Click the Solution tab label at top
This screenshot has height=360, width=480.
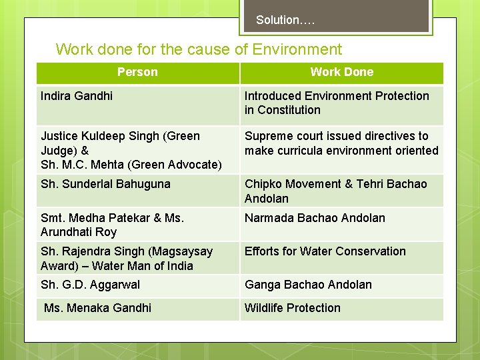click(x=285, y=20)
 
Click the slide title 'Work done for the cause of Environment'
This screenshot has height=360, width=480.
click(x=199, y=49)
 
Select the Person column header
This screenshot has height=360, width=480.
click(x=137, y=72)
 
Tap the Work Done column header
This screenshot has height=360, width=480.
click(x=341, y=72)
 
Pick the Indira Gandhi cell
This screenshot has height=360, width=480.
click(x=77, y=96)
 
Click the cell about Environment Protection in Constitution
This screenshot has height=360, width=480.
click(x=337, y=103)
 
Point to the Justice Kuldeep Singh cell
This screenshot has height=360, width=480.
click(x=120, y=136)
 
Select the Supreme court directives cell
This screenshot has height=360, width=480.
click(x=341, y=143)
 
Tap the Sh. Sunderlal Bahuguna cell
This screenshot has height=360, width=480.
click(x=105, y=184)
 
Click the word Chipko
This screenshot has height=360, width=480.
click(x=263, y=184)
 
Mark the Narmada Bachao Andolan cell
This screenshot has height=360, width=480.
click(x=315, y=218)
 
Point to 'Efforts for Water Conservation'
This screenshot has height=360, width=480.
click(x=325, y=251)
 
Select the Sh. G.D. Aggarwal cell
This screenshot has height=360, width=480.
click(x=90, y=285)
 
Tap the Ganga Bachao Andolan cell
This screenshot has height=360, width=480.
click(x=308, y=285)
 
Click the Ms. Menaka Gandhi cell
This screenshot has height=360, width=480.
click(x=97, y=308)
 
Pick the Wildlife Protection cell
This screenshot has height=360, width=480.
click(x=292, y=308)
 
